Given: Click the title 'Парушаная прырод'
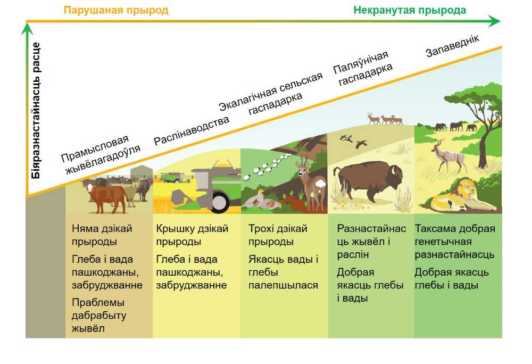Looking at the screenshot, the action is pyautogui.click(x=115, y=10).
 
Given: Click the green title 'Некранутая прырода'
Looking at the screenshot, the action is pyautogui.click(x=410, y=10).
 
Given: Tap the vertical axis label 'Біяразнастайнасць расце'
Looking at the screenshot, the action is pyautogui.click(x=36, y=111).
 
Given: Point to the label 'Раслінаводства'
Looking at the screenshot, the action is pyautogui.click(x=192, y=130).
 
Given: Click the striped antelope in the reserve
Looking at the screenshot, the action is pyautogui.click(x=449, y=155).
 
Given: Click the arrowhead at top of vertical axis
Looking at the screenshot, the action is pyautogui.click(x=27, y=29).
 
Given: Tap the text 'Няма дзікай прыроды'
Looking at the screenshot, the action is pyautogui.click(x=102, y=235).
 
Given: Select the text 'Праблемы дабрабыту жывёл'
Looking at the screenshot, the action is pyautogui.click(x=99, y=315).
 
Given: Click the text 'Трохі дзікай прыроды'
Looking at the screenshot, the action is pyautogui.click(x=278, y=235).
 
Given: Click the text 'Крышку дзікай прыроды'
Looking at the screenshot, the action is pyautogui.click(x=192, y=235).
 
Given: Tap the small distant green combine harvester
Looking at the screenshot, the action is pyautogui.click(x=172, y=177).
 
